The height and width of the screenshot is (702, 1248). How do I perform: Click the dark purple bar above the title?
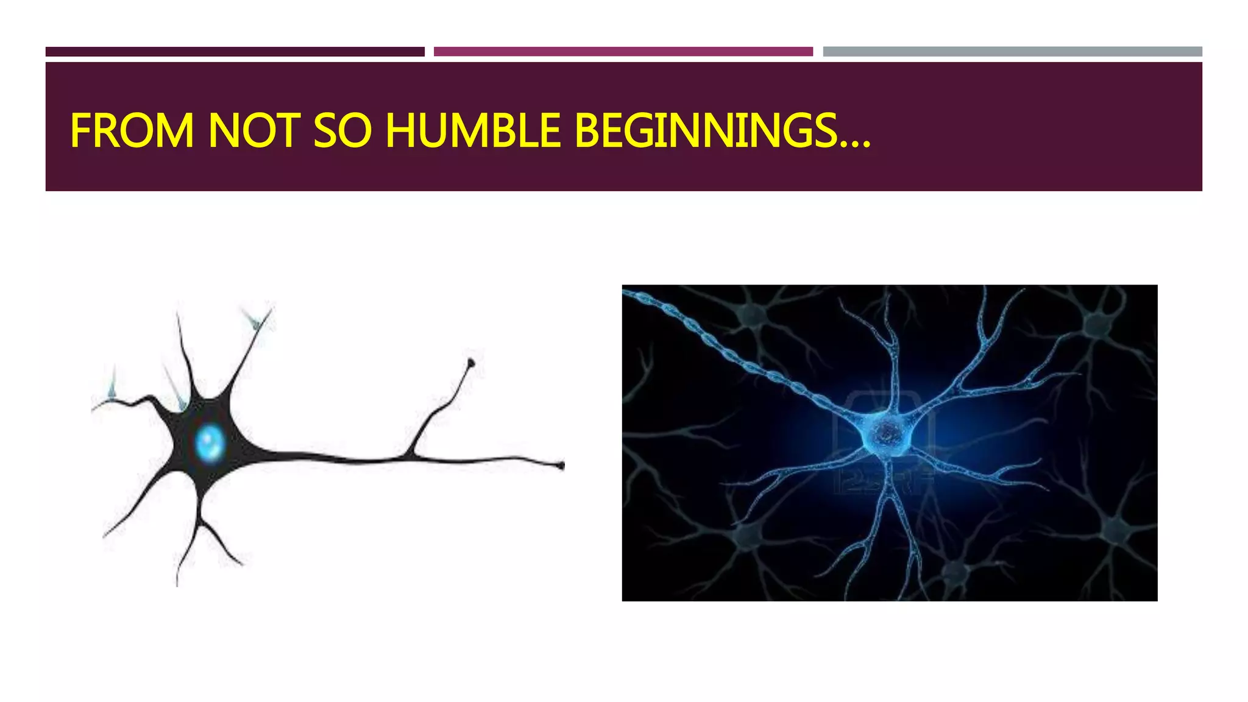pyautogui.click(x=235, y=52)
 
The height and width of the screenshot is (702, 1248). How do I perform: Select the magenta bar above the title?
pyautogui.click(x=623, y=52)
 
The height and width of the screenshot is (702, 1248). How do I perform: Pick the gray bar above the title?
pyautogui.click(x=1012, y=52)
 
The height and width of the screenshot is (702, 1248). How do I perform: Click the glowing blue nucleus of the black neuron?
pyautogui.click(x=210, y=442)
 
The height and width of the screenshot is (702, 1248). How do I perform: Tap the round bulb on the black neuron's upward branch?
pyautogui.click(x=470, y=364)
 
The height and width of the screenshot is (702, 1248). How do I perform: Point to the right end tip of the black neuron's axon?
pyautogui.click(x=561, y=466)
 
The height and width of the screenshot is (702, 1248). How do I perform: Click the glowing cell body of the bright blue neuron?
pyautogui.click(x=886, y=434)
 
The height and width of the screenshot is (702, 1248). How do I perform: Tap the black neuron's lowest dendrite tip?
pyautogui.click(x=177, y=583)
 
